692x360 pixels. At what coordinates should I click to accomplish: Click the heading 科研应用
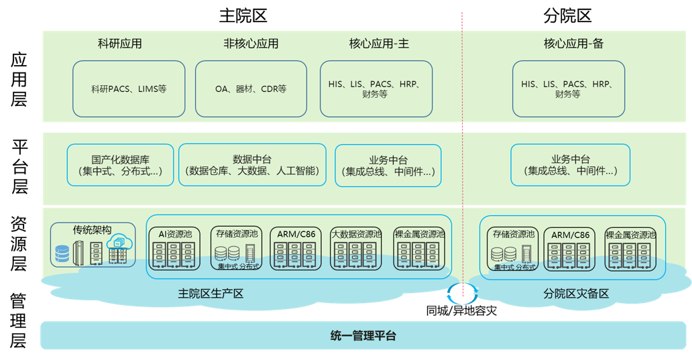[x=120, y=44]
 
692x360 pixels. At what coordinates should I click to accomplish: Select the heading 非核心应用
[x=251, y=44]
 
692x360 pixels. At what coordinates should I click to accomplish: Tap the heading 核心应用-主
[x=379, y=44]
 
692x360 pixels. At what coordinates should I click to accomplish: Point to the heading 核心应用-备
[x=573, y=44]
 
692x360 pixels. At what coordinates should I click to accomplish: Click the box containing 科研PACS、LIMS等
[x=129, y=89]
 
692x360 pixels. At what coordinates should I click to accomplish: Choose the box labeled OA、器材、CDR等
[x=251, y=89]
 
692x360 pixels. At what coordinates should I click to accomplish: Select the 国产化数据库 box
[x=121, y=166]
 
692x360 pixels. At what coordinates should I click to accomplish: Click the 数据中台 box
[x=252, y=165]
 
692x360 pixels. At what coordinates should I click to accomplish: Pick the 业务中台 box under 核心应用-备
[x=571, y=166]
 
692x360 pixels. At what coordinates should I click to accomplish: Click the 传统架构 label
[x=92, y=230]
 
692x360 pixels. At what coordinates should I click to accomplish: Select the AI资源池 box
[x=175, y=249]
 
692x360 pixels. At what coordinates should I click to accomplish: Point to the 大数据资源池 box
[x=356, y=249]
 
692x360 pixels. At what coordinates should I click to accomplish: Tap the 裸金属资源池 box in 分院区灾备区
[x=630, y=249]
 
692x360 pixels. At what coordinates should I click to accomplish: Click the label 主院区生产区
[x=211, y=294]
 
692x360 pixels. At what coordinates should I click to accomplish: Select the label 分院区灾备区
[x=575, y=294]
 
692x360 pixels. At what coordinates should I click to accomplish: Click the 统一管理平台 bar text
[x=363, y=336]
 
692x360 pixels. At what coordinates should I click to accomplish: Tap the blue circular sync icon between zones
[x=463, y=293]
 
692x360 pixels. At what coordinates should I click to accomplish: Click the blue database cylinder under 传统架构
[x=62, y=255]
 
